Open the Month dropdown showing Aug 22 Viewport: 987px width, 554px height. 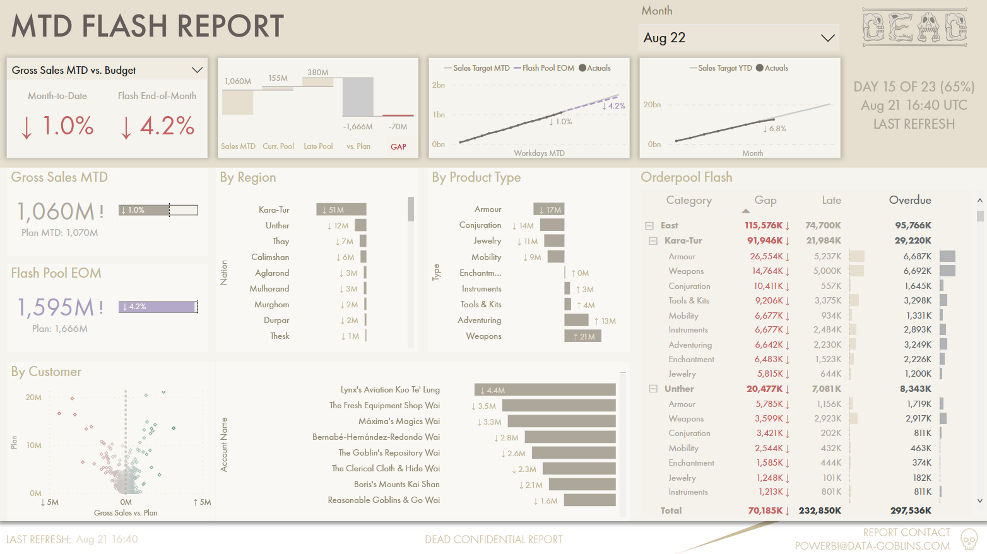pyautogui.click(x=827, y=38)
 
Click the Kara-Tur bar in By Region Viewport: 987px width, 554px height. pyautogui.click(x=341, y=209)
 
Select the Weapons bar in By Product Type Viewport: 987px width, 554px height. pyautogui.click(x=582, y=336)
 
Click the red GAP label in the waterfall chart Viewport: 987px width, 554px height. pyautogui.click(x=398, y=146)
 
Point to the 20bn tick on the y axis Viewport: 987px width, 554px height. pyautogui.click(x=652, y=105)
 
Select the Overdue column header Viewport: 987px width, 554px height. pyautogui.click(x=909, y=200)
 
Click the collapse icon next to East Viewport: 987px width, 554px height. pyautogui.click(x=649, y=225)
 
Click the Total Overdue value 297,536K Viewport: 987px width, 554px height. pyautogui.click(x=911, y=510)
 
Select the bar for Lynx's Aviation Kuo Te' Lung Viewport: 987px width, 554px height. pyautogui.click(x=545, y=390)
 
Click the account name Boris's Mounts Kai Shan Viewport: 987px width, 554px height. pyautogui.click(x=396, y=484)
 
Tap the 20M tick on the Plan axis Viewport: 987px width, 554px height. pyautogui.click(x=33, y=398)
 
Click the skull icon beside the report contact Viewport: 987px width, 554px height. pyautogui.click(x=969, y=539)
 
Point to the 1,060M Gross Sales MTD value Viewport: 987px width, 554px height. pyautogui.click(x=56, y=211)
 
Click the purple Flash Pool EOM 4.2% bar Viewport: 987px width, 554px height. pyautogui.click(x=158, y=307)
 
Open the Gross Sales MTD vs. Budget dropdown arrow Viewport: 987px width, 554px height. pyautogui.click(x=197, y=70)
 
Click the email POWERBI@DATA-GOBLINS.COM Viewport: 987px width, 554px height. pyautogui.click(x=872, y=546)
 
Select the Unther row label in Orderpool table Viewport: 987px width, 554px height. pyautogui.click(x=679, y=389)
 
